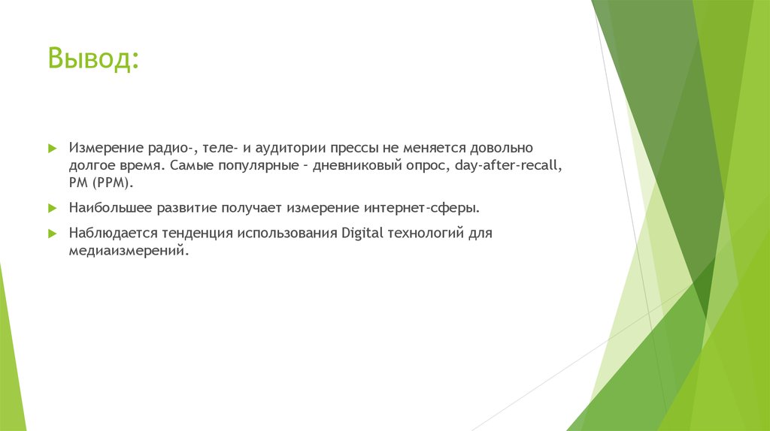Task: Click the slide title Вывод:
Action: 93,59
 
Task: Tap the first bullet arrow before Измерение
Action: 52,149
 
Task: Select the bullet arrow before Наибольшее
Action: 52,206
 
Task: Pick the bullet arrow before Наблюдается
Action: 52,233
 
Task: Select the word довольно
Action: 498,149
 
